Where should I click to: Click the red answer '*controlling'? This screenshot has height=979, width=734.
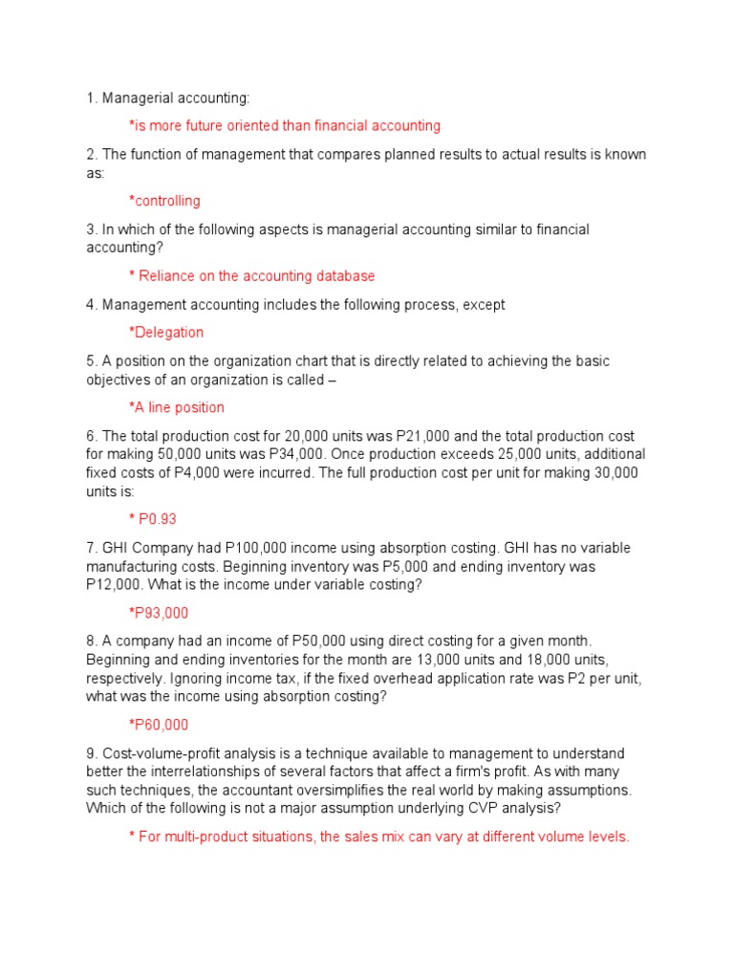[164, 201]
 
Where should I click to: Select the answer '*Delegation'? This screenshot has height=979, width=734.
[166, 333]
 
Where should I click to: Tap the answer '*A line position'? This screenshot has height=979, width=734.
[177, 407]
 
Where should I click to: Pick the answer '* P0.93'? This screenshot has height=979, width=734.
[153, 519]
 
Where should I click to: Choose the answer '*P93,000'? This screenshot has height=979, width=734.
[159, 613]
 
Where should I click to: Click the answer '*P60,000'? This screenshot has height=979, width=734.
[159, 725]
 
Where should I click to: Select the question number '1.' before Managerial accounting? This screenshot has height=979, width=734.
[91, 98]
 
